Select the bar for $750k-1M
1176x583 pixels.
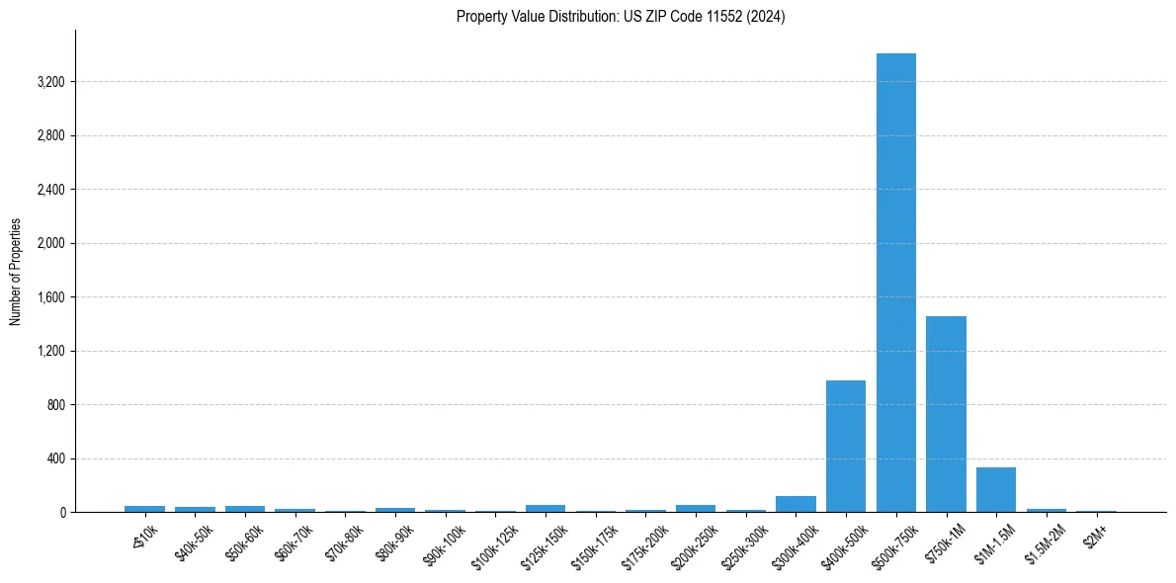(946, 414)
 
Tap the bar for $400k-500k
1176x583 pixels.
(846, 446)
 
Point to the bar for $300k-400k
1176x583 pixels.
(796, 504)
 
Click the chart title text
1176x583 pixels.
(621, 17)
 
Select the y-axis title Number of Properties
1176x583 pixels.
(16, 272)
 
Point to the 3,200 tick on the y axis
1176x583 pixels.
(50, 82)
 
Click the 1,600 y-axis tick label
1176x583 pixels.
(50, 297)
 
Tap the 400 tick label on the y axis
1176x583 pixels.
(54, 459)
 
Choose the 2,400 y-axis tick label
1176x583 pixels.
(50, 190)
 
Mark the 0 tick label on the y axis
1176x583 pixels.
(61, 513)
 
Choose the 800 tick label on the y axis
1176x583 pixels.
(54, 405)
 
